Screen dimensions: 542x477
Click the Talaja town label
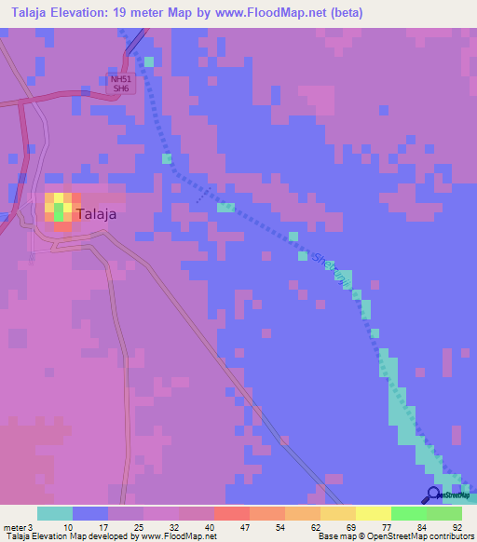(x=96, y=213)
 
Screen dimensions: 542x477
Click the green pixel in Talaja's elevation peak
(x=59, y=212)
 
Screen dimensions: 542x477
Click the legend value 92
(x=457, y=527)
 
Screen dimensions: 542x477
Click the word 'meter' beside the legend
(x=14, y=527)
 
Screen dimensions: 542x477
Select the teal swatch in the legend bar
(x=54, y=513)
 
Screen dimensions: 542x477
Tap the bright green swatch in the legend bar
(x=408, y=513)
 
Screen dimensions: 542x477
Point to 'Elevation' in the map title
(x=86, y=13)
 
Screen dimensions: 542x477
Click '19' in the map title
(x=134, y=13)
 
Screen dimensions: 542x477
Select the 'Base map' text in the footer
(x=334, y=536)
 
